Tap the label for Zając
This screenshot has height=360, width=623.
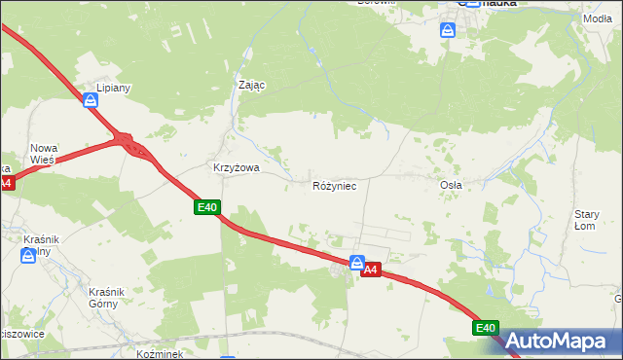(x=252, y=85)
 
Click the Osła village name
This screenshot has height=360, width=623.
(x=451, y=184)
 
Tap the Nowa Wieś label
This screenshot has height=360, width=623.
(x=45, y=153)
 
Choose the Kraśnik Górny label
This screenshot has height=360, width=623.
(x=102, y=298)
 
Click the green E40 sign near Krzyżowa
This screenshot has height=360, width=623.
(x=207, y=207)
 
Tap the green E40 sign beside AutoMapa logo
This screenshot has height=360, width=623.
(x=488, y=329)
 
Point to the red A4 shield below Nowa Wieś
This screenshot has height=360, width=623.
(x=5, y=183)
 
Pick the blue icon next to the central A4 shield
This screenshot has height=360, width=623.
(x=357, y=263)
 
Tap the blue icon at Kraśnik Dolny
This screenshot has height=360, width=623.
(x=28, y=256)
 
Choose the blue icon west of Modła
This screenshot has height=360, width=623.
(x=447, y=30)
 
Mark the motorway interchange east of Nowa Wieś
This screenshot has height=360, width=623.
(x=129, y=146)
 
